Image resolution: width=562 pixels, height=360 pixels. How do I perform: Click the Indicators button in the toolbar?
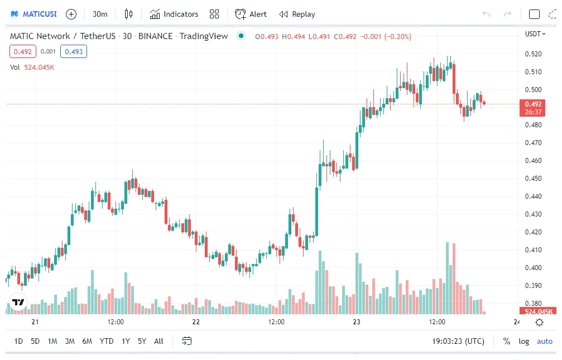coord(174,14)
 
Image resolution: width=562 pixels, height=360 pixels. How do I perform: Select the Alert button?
coord(251,14)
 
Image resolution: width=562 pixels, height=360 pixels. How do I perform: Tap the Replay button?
coord(297,14)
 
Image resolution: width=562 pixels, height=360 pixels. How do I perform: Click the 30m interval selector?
coord(100,14)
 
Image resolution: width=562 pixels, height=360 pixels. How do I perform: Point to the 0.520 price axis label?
coord(533,54)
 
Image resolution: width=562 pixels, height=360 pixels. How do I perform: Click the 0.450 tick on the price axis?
coord(533,179)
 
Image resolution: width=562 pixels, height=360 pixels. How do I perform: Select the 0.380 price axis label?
coord(533,303)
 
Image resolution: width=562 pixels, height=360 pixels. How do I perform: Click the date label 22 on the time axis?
coord(196,322)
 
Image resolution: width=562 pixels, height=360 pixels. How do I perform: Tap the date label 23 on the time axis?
coord(357,322)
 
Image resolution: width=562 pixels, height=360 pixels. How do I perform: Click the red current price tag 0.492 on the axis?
coord(533,104)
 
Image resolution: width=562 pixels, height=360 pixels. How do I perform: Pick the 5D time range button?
coord(35,341)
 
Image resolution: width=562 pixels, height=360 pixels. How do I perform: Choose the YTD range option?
coord(106,341)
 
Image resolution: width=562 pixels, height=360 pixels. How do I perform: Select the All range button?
coord(158,341)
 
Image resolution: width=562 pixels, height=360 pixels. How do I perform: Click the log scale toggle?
coord(523,341)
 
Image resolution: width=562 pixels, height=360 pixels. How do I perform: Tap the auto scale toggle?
coord(544,341)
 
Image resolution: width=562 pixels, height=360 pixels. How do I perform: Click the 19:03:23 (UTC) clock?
coord(458,341)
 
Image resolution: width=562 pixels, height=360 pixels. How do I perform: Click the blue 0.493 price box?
coord(74,52)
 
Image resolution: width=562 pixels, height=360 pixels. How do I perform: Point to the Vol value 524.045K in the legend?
coord(39,67)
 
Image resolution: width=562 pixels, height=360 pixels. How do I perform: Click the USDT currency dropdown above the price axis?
coord(534,34)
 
